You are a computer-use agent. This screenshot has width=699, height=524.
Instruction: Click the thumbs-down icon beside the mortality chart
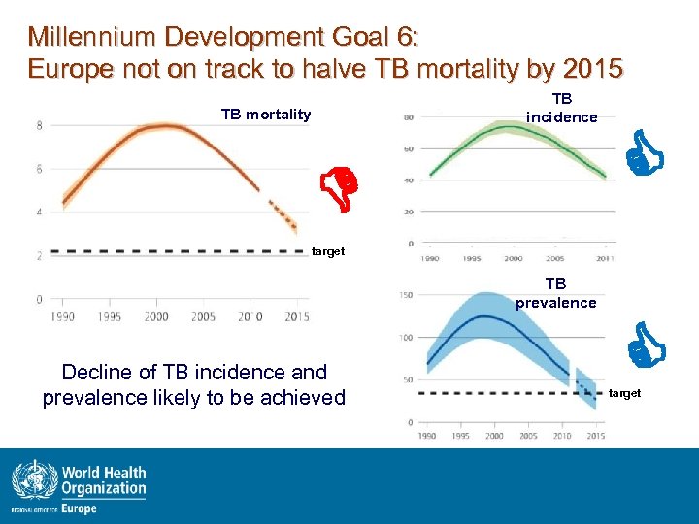[x=342, y=188]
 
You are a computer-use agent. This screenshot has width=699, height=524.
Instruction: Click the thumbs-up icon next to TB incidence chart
[x=643, y=154]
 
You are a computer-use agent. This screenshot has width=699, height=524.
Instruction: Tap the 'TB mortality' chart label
[x=266, y=115]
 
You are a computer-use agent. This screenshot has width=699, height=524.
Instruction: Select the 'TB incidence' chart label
[x=562, y=108]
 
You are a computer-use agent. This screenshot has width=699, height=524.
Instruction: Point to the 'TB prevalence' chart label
[x=555, y=294]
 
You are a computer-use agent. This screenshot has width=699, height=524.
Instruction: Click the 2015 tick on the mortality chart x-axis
[x=296, y=317]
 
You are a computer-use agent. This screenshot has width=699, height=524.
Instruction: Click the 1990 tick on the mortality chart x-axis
[x=63, y=317]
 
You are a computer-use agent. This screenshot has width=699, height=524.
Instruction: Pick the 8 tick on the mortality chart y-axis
[x=38, y=125]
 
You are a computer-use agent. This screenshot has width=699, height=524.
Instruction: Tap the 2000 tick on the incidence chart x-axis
[x=513, y=259]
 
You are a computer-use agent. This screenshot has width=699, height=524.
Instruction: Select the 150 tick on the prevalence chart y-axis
[x=407, y=295]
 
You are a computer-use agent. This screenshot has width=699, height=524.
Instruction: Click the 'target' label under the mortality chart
[x=328, y=251]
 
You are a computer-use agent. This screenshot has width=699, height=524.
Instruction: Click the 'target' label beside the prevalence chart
[x=624, y=393]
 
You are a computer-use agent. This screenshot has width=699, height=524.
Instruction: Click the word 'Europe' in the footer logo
[x=81, y=508]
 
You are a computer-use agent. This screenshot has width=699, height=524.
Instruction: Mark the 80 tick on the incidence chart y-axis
[x=409, y=117]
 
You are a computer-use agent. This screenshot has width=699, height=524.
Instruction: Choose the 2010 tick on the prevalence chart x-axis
[x=562, y=436]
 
